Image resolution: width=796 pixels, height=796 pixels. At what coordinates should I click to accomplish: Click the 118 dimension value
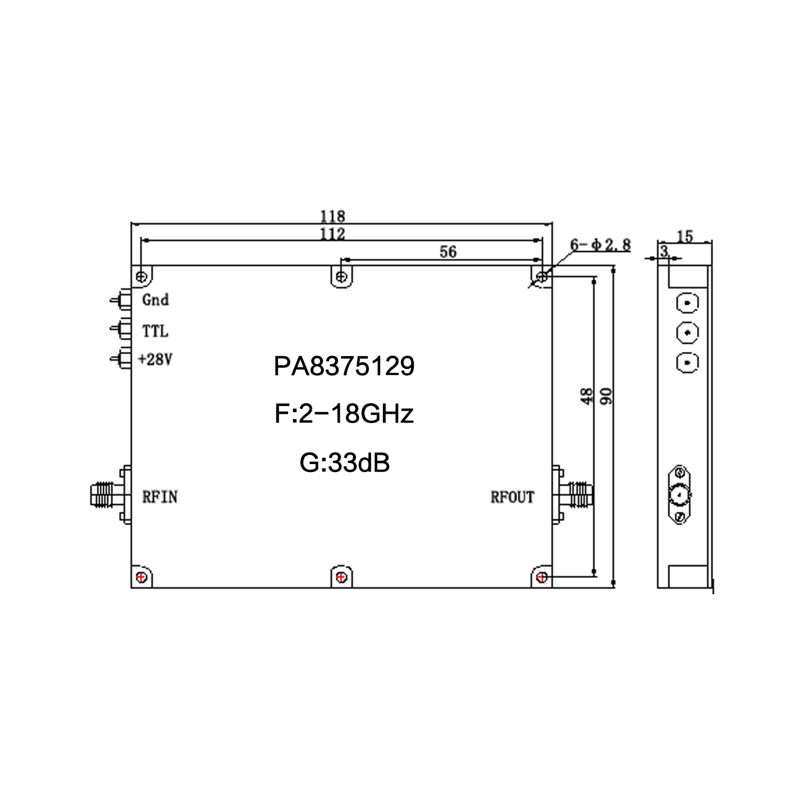click(x=332, y=216)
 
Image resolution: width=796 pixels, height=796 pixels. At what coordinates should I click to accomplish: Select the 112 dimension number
click(x=332, y=234)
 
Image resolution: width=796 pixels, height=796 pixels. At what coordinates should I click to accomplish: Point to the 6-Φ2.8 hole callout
click(x=600, y=245)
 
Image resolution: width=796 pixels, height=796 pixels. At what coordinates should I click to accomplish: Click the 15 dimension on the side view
click(x=685, y=236)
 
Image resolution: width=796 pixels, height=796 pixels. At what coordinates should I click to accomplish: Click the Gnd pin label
click(x=155, y=300)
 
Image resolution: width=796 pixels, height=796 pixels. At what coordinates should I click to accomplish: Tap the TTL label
click(x=155, y=331)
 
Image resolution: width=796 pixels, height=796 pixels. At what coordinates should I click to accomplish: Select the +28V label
click(x=155, y=360)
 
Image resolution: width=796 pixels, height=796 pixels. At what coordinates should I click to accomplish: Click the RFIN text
click(x=160, y=497)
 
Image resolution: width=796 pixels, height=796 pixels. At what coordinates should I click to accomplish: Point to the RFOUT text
click(x=512, y=497)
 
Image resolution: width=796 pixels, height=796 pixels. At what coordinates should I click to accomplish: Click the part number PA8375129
click(x=344, y=366)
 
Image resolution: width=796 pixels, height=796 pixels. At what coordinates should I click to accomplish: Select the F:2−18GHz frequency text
click(x=344, y=414)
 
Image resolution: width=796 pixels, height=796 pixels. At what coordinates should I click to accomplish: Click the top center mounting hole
click(x=341, y=276)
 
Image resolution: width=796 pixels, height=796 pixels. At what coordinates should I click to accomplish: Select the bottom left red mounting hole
click(x=141, y=577)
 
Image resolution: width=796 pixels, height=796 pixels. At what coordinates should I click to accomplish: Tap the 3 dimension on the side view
click(x=663, y=251)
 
